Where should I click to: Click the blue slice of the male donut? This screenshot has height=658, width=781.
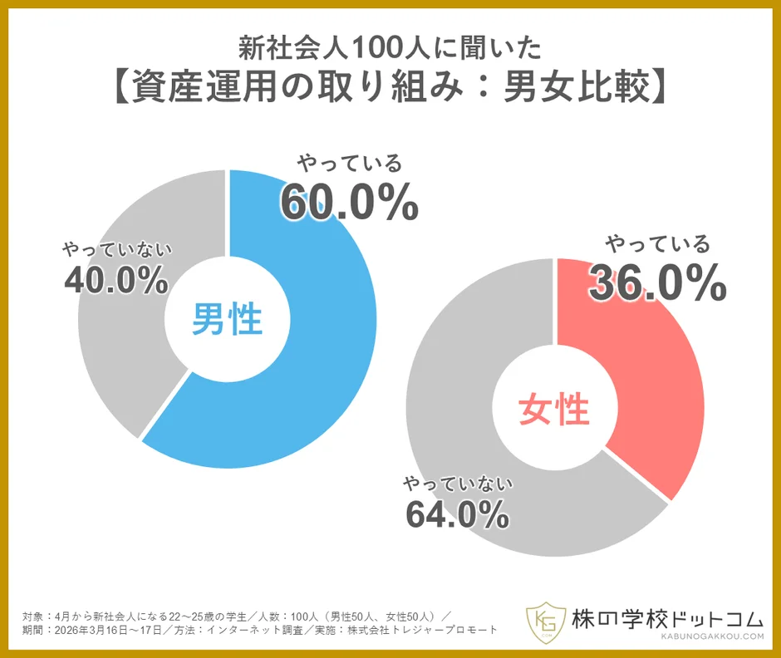tap(332, 349)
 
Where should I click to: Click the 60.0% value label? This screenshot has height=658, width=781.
tap(348, 202)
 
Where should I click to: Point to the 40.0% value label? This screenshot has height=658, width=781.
tap(115, 281)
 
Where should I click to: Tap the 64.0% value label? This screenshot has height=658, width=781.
tap(457, 514)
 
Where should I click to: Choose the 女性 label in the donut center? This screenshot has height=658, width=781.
tap(553, 409)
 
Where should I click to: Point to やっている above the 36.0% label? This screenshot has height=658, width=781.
tap(657, 244)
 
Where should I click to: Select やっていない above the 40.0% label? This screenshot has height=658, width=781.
tap(115, 248)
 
